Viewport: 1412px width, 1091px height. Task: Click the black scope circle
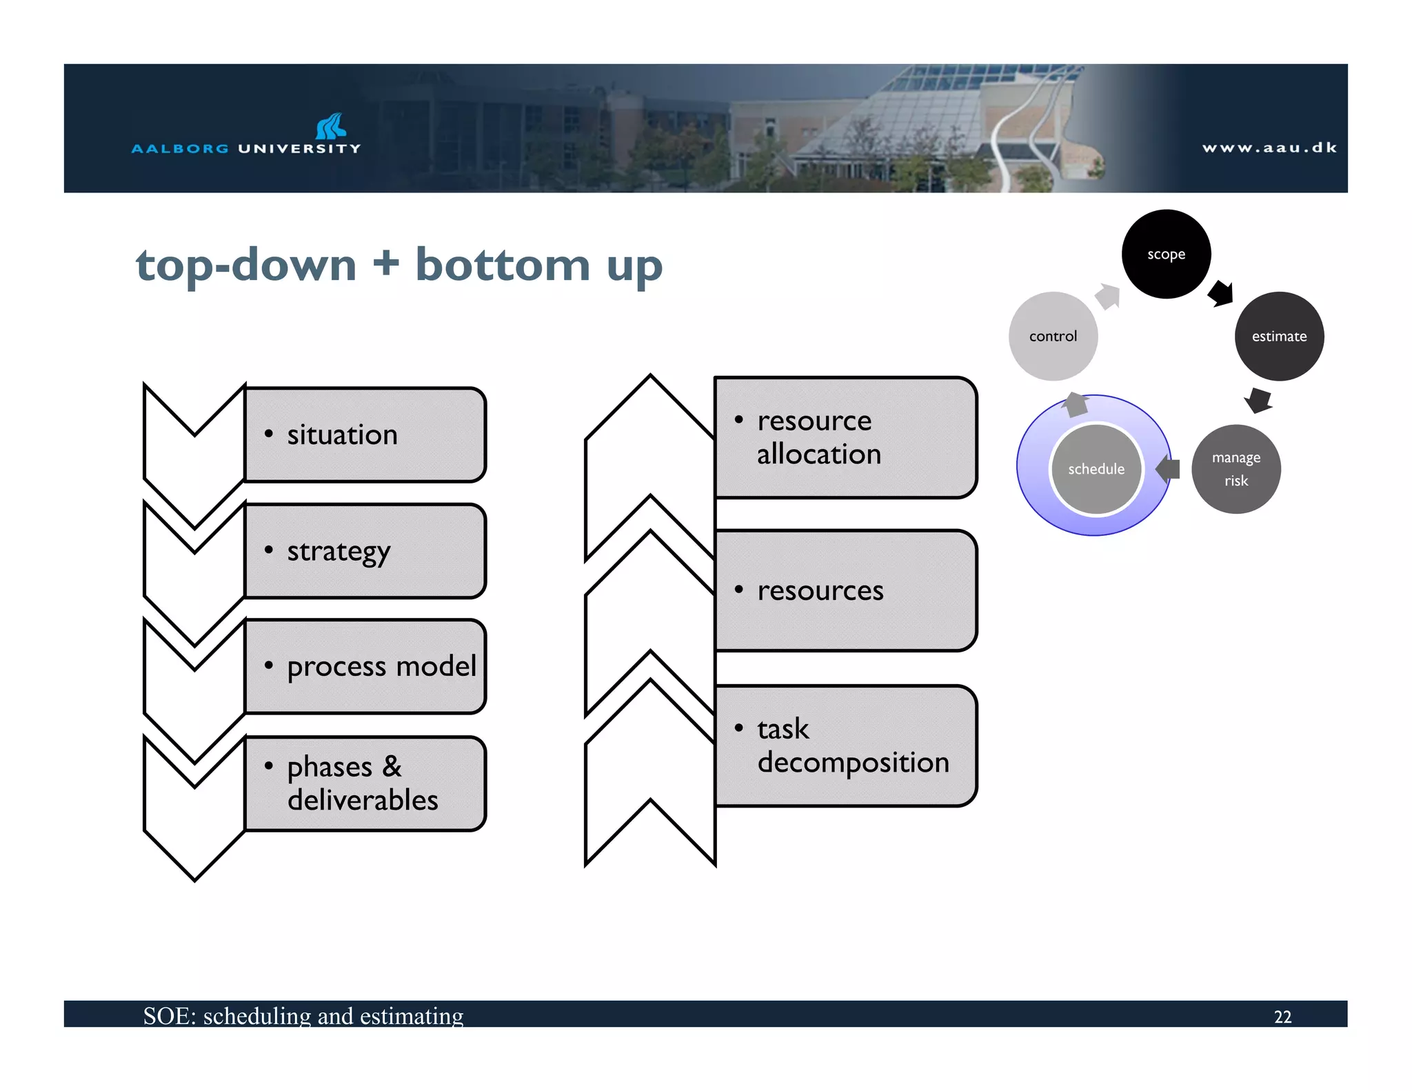coord(1166,254)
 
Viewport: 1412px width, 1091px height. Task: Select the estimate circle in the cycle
coord(1279,336)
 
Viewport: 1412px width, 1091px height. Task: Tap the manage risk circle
coord(1235,469)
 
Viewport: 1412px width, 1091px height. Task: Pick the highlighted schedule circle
coord(1096,469)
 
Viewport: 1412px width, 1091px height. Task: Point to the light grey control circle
coord(1053,336)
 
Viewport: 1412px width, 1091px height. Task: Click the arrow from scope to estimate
coord(1221,293)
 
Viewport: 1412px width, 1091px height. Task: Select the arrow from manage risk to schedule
coord(1168,469)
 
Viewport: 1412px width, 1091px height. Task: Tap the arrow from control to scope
coord(1108,297)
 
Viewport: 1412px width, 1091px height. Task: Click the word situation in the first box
coord(342,434)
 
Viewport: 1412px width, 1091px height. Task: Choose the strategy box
coord(365,550)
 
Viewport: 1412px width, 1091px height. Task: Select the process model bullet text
coord(381,666)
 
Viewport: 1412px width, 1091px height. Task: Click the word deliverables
coord(363,800)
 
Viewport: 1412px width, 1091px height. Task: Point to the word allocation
coord(818,454)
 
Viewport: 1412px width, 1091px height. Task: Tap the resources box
coord(845,590)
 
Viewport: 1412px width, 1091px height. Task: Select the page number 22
coord(1282,1017)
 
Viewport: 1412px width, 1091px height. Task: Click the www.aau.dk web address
coord(1269,148)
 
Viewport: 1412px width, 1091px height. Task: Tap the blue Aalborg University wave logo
coord(331,126)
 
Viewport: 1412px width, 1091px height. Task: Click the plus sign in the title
coord(386,264)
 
